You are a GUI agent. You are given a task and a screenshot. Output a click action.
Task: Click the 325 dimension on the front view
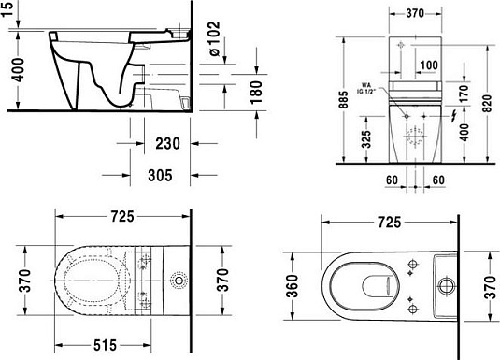point(367,143)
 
